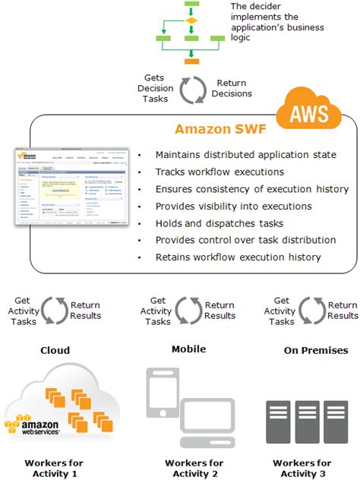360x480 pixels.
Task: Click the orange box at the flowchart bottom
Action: tap(191, 59)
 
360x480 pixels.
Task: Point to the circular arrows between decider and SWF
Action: tap(191, 88)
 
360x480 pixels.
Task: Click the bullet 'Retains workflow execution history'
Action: tap(238, 257)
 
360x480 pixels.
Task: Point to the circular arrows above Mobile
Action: tap(188, 311)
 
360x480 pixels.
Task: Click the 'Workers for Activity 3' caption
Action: tap(302, 468)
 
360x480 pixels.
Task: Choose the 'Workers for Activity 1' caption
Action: tap(54, 468)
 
